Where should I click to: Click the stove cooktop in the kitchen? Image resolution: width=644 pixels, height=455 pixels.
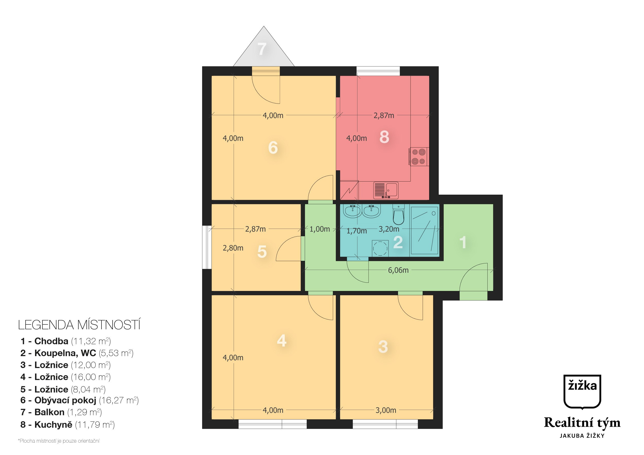[419, 157]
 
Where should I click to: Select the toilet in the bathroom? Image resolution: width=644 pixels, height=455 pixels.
[399, 214]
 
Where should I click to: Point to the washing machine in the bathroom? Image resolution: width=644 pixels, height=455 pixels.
[380, 248]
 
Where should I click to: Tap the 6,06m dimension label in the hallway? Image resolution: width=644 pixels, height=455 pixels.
[398, 270]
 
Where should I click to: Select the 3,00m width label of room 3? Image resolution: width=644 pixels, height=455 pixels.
[386, 410]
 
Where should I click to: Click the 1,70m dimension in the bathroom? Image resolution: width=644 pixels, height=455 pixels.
[357, 231]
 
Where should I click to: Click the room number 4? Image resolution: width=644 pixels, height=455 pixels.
[282, 341]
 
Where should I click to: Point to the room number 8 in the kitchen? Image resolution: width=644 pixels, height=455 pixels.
[384, 137]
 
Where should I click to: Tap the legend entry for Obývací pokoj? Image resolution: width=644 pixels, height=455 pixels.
[79, 400]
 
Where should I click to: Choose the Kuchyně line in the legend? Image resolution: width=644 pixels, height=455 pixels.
[67, 425]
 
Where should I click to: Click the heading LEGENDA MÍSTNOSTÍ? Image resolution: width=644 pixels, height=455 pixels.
[79, 325]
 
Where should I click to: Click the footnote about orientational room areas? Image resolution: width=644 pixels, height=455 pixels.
[59, 441]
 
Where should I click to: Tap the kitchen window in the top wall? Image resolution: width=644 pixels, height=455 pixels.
[378, 71]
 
